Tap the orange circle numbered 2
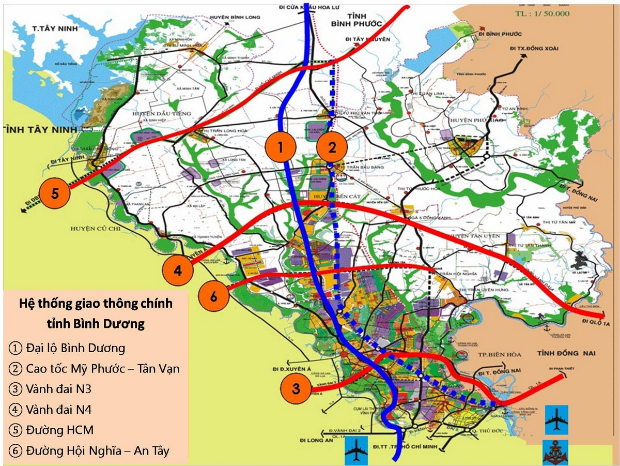(x=332, y=148)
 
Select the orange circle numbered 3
(x=296, y=389)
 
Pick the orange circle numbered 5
(x=55, y=193)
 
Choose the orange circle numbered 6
(x=213, y=296)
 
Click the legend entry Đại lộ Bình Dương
(x=67, y=348)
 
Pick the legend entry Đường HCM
(x=51, y=430)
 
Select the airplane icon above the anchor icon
(x=556, y=419)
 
